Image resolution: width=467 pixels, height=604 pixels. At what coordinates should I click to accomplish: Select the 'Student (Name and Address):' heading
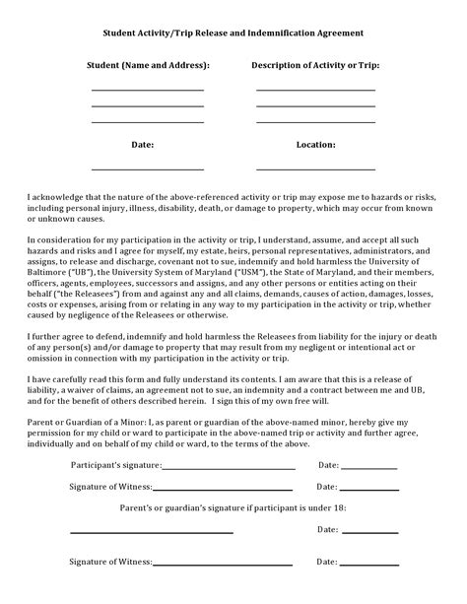148,65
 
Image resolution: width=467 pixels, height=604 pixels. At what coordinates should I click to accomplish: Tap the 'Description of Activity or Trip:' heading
315,65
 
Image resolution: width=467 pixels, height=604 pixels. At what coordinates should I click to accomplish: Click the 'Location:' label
315,144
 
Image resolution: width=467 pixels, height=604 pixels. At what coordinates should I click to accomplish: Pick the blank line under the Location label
315,168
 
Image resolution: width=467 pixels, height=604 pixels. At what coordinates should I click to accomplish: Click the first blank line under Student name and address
148,90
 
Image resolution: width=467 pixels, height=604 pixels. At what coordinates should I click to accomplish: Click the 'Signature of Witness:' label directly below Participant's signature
110,487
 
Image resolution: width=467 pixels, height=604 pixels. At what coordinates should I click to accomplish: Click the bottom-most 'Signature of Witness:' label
110,562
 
